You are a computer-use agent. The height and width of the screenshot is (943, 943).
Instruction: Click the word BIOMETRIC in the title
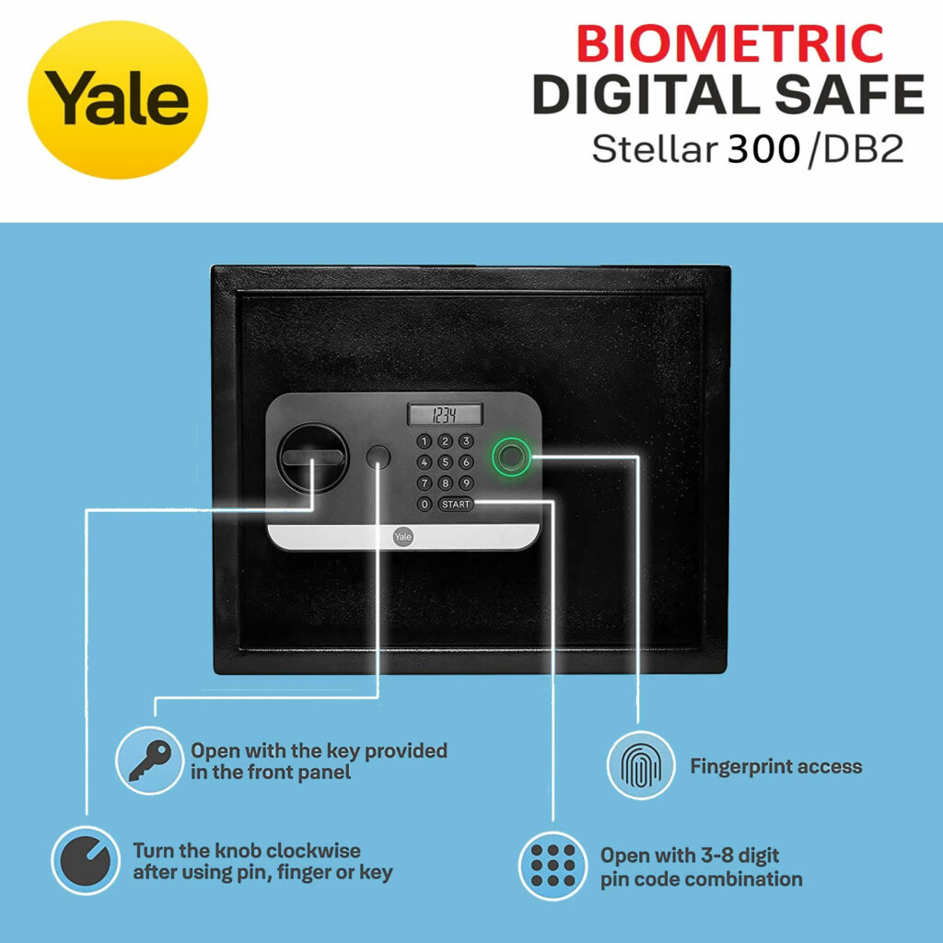coord(730,44)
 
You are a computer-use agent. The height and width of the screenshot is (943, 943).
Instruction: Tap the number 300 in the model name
coord(763,149)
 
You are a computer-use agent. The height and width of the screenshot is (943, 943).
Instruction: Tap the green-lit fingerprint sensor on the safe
coord(510,455)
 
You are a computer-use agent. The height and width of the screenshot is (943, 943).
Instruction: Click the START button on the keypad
coord(456,505)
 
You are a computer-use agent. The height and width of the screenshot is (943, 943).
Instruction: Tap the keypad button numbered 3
coord(466,441)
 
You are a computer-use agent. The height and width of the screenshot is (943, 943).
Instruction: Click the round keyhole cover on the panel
coord(378,457)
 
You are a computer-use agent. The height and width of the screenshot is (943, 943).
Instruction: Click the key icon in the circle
coord(149,761)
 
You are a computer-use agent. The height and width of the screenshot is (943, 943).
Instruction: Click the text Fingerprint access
coord(775,766)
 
